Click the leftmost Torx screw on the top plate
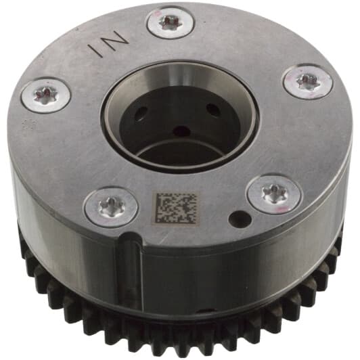pos(46,95)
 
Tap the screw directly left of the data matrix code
pos(112,206)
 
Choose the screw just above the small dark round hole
pos(274,194)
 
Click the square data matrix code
pos(177,208)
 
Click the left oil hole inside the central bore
pos(141,113)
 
